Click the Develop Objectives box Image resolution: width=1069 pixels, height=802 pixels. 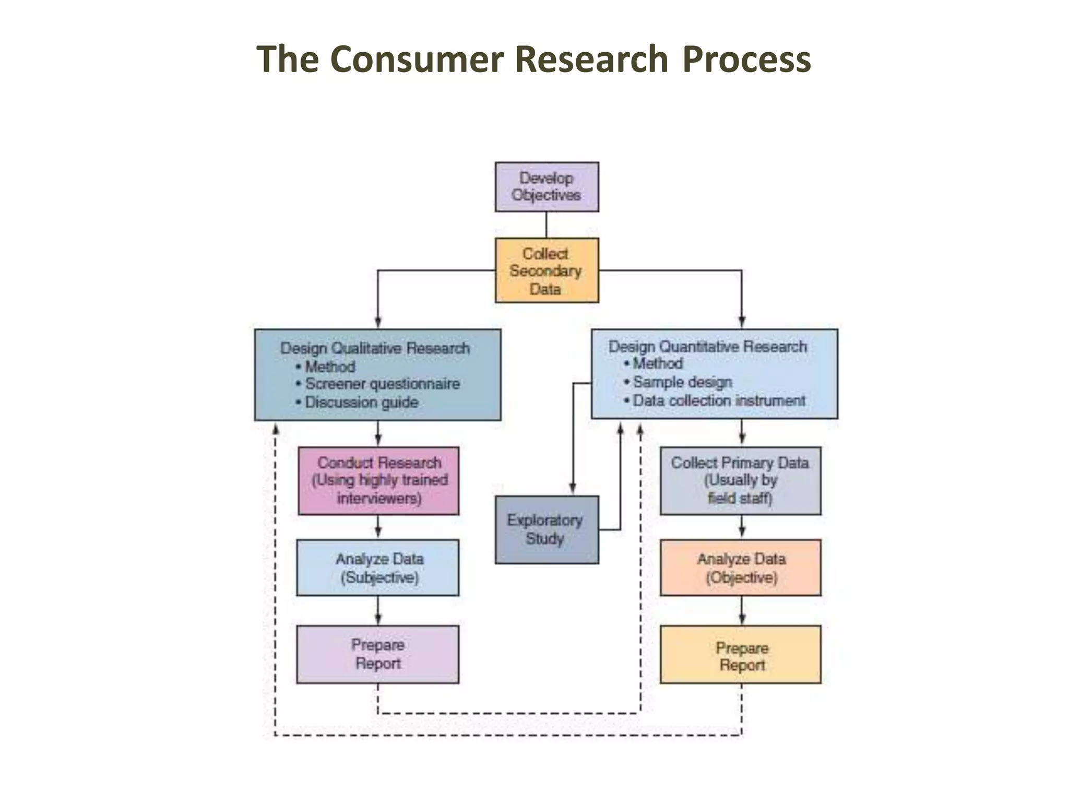click(547, 186)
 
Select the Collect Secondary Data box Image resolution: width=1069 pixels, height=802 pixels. click(547, 270)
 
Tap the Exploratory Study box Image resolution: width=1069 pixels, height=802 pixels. click(547, 529)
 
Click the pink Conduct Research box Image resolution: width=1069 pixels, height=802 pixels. click(378, 480)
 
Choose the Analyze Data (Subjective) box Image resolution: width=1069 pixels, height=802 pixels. click(378, 568)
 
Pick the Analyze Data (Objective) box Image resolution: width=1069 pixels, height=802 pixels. click(740, 568)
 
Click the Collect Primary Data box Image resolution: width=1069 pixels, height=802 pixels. click(740, 480)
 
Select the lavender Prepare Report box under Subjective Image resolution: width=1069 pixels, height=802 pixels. click(378, 654)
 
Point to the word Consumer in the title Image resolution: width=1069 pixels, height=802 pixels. click(417, 58)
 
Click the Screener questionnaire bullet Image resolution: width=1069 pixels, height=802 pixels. click(382, 384)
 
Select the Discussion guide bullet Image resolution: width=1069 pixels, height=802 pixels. click(361, 403)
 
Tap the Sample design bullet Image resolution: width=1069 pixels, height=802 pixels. click(682, 382)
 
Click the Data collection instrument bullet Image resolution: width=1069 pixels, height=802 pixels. click(719, 401)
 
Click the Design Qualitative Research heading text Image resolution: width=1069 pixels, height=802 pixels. click(375, 348)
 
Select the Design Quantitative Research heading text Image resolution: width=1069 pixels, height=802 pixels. click(707, 347)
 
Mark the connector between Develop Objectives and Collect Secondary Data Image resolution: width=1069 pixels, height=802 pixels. click(547, 225)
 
